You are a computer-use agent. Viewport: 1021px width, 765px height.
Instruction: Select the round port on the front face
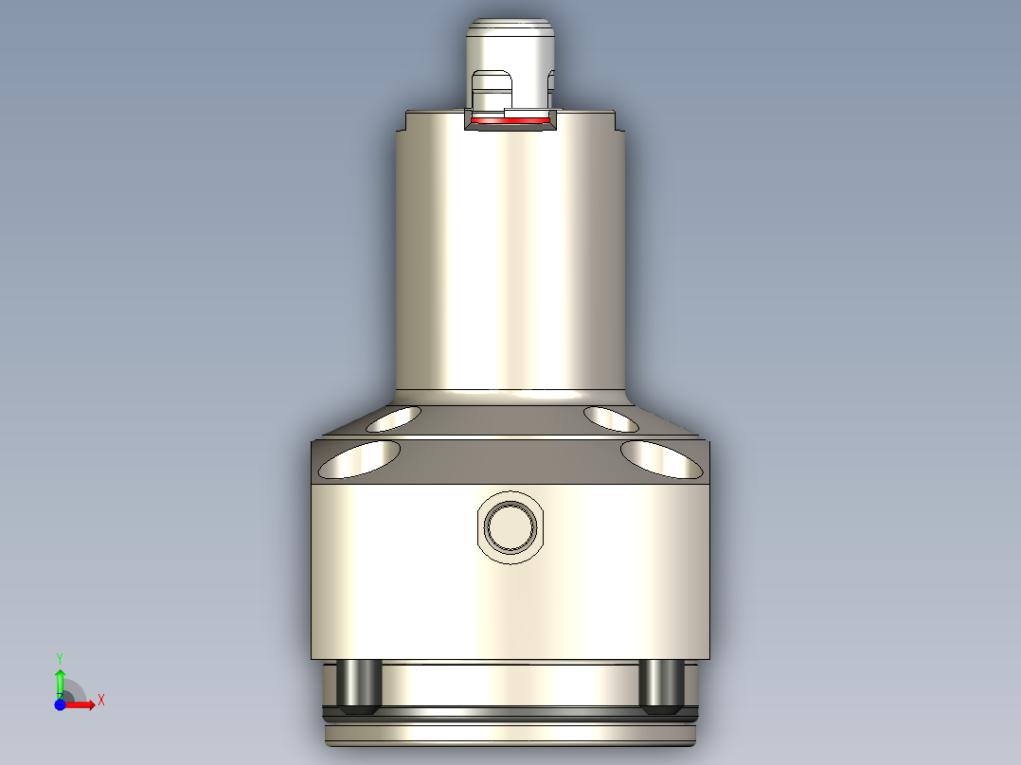pos(510,525)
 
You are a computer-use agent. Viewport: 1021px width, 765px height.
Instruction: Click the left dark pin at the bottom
pos(360,686)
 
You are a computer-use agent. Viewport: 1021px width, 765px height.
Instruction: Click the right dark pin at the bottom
pos(661,686)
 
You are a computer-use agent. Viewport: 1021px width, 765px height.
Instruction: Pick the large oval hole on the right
pos(662,459)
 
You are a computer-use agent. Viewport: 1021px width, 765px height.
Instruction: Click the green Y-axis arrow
pos(60,678)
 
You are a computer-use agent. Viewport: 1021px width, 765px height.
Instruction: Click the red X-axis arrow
pos(81,703)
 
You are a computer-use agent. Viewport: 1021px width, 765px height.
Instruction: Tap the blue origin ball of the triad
pos(60,704)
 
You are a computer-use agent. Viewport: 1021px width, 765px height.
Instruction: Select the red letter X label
pos(101,701)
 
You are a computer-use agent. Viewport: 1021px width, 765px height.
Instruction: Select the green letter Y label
pos(60,657)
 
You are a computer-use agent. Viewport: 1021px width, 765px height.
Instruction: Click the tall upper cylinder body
pos(510,265)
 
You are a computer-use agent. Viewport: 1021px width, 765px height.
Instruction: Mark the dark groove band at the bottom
pos(510,709)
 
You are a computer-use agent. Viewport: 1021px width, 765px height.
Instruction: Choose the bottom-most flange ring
pos(510,735)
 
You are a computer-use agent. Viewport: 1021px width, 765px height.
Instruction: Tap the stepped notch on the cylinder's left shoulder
pos(402,121)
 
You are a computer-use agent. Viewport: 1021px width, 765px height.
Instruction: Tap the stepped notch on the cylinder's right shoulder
pos(620,121)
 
